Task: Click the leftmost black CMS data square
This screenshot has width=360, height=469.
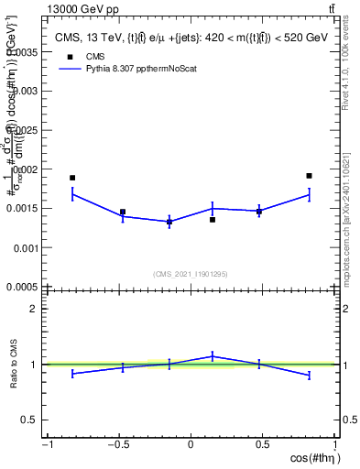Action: point(72,178)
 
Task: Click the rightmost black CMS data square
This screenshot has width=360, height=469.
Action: point(310,176)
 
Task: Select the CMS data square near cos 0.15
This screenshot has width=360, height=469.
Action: point(213,220)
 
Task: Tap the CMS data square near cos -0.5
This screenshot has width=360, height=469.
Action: point(123,212)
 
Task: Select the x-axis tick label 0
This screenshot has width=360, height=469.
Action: point(191,445)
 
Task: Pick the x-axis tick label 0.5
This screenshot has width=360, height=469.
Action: point(262,445)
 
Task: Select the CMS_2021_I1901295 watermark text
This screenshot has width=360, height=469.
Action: point(190,274)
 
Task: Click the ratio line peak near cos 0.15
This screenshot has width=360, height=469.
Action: point(213,356)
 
